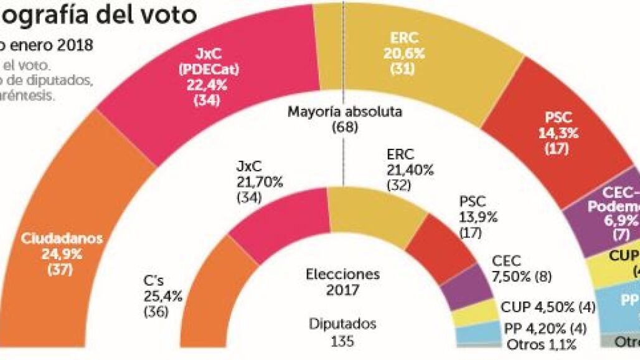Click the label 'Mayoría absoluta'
click(x=345, y=113)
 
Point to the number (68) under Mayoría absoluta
click(x=345, y=127)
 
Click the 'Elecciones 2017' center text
click(x=342, y=282)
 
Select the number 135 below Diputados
click(x=342, y=341)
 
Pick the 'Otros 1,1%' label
click(x=541, y=344)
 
